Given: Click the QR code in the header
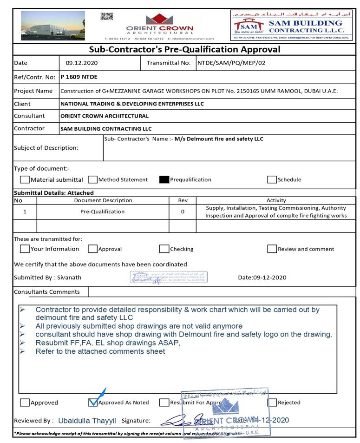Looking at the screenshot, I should coord(107,17).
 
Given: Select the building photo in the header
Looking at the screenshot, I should coord(53,26).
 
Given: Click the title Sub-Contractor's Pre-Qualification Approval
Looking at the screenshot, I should coord(184,49).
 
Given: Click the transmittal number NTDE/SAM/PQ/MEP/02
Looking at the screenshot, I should coord(231,63).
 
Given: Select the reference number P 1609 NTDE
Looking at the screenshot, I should coord(79,77).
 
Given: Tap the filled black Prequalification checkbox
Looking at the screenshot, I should coord(164,180).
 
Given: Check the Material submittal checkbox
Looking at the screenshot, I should coord(25,180).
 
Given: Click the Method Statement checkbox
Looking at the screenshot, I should coord(92,180).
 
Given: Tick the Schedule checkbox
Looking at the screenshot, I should coord(272,180).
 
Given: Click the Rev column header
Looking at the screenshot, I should coord(183,200).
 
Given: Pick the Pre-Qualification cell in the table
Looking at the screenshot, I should coord(103,212).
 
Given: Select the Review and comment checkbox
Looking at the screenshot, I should coord(272,249).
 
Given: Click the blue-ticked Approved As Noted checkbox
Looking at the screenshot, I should coord(92,403).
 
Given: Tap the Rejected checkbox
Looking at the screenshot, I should coord(272,403).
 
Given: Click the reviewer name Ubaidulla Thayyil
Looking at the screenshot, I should coord(86,420).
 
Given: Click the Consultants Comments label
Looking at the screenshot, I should coord(47,292).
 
